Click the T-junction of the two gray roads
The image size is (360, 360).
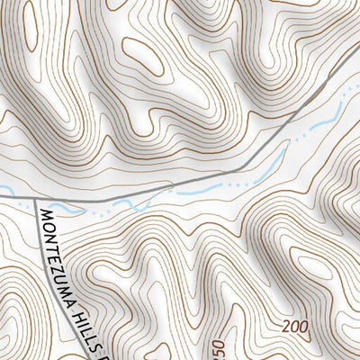36,198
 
